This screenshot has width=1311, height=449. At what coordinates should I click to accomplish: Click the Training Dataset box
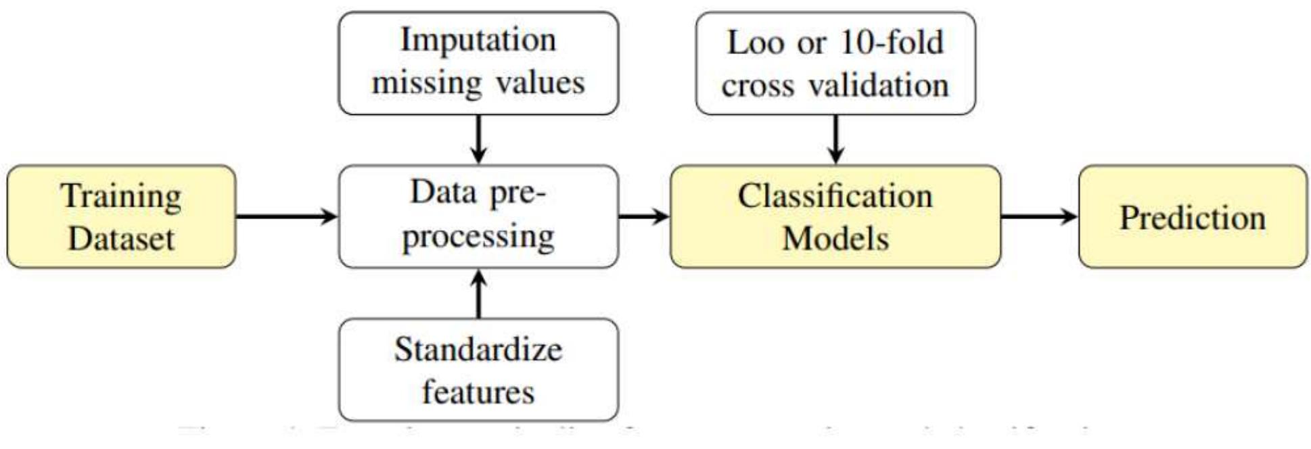pyautogui.click(x=122, y=216)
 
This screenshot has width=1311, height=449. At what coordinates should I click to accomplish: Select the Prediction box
pyautogui.click(x=1192, y=216)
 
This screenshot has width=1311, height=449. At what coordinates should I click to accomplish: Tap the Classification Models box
pyautogui.click(x=835, y=216)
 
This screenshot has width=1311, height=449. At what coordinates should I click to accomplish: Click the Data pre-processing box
pyautogui.click(x=478, y=216)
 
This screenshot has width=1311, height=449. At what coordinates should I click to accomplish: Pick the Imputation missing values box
pyautogui.click(x=478, y=63)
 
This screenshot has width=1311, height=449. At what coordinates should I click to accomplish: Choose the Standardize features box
pyautogui.click(x=478, y=370)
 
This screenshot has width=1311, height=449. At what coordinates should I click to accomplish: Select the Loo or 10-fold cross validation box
pyautogui.click(x=835, y=63)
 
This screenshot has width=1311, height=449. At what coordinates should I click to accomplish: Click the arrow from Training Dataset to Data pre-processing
pyautogui.click(x=287, y=216)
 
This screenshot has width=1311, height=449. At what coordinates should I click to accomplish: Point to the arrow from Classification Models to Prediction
pyautogui.click(x=1039, y=216)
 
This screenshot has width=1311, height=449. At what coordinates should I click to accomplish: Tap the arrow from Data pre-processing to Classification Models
pyautogui.click(x=643, y=216)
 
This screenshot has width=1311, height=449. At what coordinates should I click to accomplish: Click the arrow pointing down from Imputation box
pyautogui.click(x=478, y=139)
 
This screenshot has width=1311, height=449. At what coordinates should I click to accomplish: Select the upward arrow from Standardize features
pyautogui.click(x=478, y=293)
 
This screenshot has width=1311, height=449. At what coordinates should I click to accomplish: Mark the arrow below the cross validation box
pyautogui.click(x=835, y=139)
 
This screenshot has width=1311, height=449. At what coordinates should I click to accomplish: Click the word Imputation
pyautogui.click(x=478, y=39)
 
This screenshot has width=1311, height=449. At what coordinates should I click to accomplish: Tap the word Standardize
pyautogui.click(x=478, y=350)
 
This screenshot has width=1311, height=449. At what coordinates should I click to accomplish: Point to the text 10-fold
pyautogui.click(x=892, y=43)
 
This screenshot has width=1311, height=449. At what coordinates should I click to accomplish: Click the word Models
pyautogui.click(x=835, y=239)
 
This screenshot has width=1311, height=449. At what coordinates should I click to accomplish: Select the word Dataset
pyautogui.click(x=122, y=239)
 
